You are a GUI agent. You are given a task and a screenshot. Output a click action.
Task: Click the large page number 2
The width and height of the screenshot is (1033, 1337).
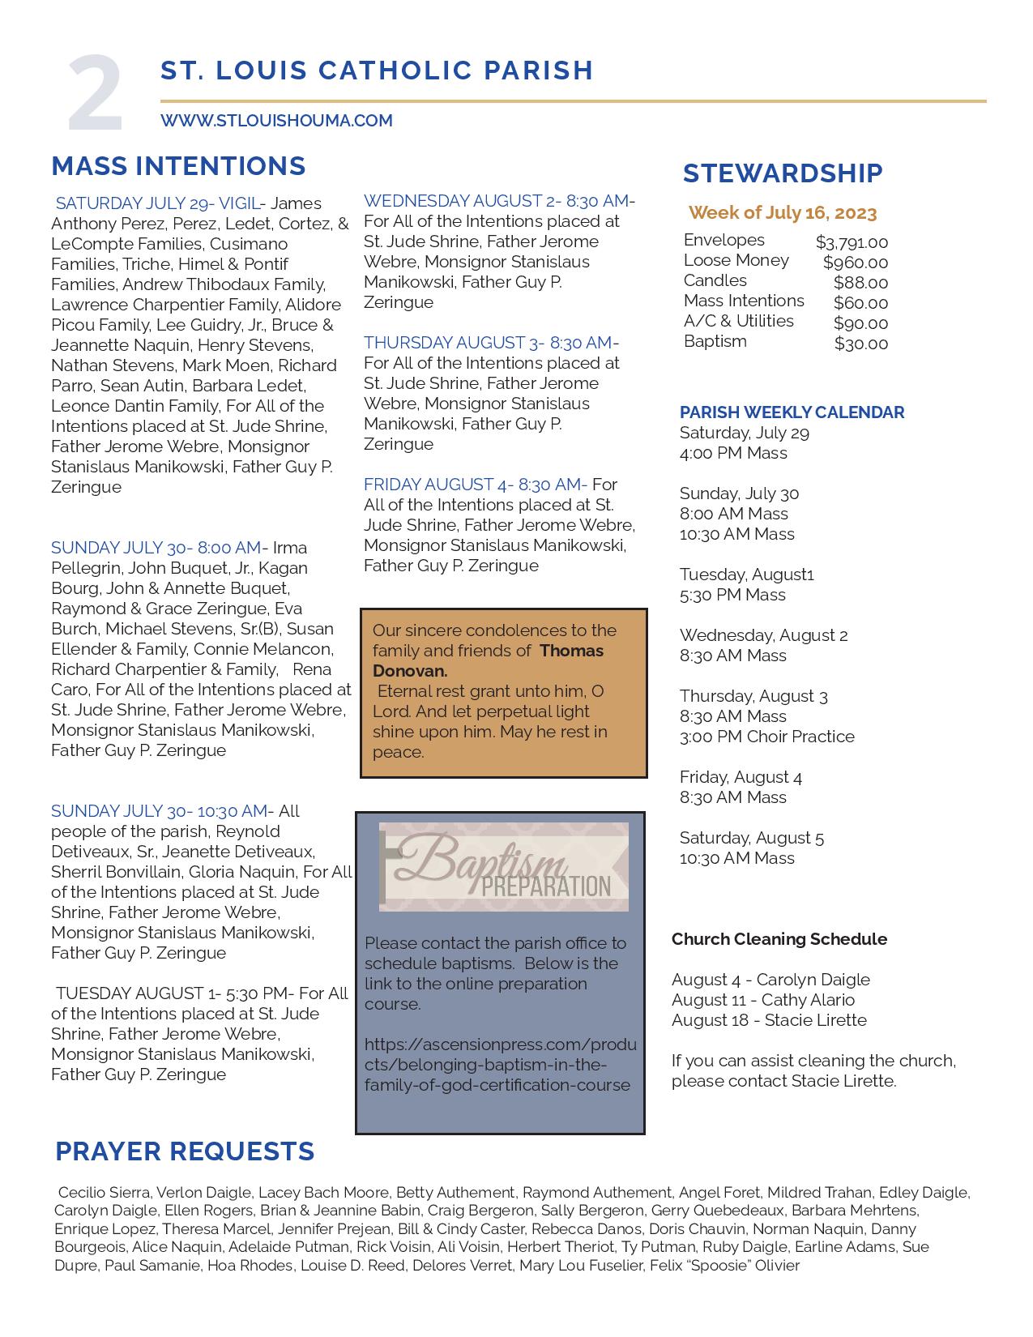coord(96,94)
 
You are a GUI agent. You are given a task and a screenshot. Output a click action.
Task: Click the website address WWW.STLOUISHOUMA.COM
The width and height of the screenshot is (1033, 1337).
coord(276,121)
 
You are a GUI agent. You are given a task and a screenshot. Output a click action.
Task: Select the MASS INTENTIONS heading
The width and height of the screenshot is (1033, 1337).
coord(178,166)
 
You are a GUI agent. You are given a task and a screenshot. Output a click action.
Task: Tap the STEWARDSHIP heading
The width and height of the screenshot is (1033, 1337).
coord(782,173)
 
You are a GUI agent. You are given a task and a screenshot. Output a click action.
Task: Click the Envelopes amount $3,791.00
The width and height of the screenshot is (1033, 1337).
coord(852,242)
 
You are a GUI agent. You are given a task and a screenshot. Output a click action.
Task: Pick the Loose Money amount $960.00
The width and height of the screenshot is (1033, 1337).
coord(855,263)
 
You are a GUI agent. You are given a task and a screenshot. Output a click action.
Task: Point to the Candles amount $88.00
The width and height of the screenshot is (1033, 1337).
coord(860,283)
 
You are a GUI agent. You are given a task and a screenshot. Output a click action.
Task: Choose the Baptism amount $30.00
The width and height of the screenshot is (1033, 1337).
coord(860,344)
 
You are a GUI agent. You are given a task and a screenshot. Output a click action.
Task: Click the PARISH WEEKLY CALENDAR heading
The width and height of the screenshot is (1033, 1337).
coord(792,412)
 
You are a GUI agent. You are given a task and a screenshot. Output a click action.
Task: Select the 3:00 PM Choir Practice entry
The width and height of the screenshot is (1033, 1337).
coord(766,737)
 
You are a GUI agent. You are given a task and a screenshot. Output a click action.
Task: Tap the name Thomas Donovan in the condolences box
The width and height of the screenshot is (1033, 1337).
coord(489,660)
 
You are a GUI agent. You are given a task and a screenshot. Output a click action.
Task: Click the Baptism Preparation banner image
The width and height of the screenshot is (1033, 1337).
coord(503,867)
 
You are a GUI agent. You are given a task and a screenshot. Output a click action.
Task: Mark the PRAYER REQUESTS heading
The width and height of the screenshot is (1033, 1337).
coord(185,1151)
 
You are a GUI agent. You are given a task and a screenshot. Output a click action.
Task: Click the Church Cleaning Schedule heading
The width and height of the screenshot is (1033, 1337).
coord(779,939)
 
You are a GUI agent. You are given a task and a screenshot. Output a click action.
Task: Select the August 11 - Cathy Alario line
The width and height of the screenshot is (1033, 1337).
coord(762,1000)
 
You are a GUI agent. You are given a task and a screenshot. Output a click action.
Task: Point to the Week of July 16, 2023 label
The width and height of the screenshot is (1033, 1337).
coord(782,213)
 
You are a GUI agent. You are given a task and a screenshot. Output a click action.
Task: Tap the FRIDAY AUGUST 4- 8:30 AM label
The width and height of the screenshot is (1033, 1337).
coord(474,485)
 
